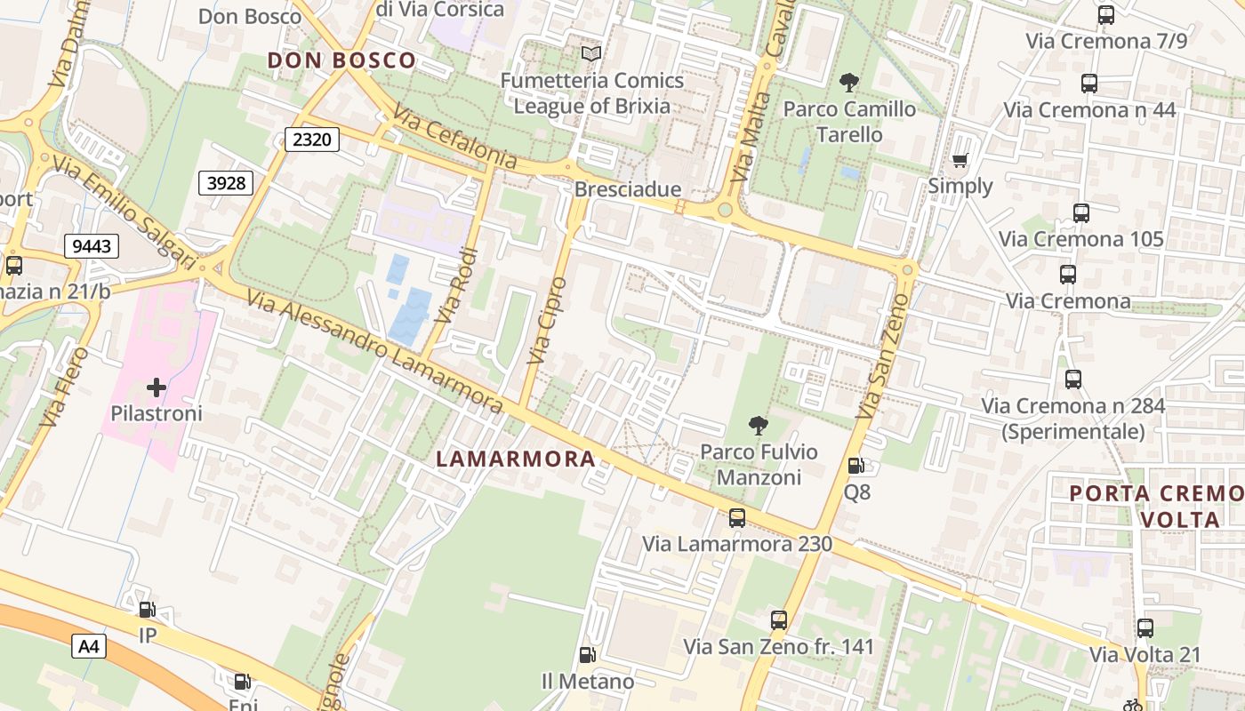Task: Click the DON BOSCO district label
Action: (x=341, y=60)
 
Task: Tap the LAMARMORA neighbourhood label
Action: (x=516, y=459)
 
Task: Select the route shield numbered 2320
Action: (x=312, y=139)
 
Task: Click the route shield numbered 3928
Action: (x=225, y=183)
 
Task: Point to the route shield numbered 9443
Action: (x=92, y=246)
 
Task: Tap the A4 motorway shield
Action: (x=89, y=646)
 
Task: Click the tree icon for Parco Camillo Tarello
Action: (x=849, y=83)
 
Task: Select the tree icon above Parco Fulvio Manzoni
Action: (x=758, y=425)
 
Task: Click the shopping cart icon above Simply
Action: (x=960, y=161)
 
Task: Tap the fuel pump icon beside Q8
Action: (x=855, y=465)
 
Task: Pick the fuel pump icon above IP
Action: (x=147, y=610)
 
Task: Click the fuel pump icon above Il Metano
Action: (x=587, y=655)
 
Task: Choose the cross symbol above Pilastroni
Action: (x=157, y=387)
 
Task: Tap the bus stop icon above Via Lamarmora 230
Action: (x=736, y=517)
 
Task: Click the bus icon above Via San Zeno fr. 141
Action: (x=779, y=619)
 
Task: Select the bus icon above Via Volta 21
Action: (x=1145, y=628)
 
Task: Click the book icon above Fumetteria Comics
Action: (x=591, y=53)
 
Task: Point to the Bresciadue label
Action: (x=628, y=189)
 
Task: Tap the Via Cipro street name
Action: (x=546, y=322)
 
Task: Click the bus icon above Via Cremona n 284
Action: (x=1073, y=379)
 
